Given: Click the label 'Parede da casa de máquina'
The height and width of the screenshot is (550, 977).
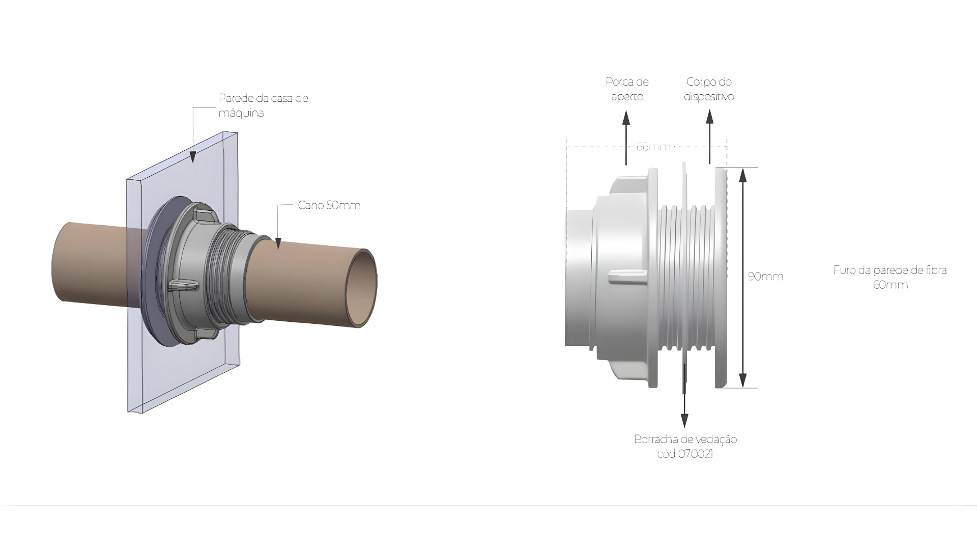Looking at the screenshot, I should [x=263, y=105].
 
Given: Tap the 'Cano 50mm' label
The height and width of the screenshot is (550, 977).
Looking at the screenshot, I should [x=329, y=205].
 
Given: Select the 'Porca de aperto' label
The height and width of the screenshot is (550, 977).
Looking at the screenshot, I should [x=627, y=89].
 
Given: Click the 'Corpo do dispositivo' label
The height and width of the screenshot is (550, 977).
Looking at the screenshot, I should [x=709, y=89].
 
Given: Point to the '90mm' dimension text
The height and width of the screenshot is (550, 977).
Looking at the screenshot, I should [x=765, y=277].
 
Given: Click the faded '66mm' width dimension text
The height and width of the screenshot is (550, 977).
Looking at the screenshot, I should [x=653, y=147].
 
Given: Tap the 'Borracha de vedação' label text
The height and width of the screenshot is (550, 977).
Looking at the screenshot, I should [x=685, y=439].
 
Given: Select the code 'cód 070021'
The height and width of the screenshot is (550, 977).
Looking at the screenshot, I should [x=685, y=454].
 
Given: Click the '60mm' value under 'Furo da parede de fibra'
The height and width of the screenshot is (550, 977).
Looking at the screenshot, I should [x=890, y=285].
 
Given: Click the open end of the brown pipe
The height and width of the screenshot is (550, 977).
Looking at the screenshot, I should [x=362, y=288].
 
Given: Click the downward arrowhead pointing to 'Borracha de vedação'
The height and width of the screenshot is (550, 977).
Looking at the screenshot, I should [x=684, y=421].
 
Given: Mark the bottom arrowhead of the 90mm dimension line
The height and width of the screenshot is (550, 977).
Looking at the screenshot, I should [x=743, y=380].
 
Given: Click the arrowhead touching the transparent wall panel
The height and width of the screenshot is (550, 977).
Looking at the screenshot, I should [x=193, y=158].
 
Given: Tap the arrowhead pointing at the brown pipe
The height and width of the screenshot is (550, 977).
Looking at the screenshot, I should [x=278, y=243].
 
